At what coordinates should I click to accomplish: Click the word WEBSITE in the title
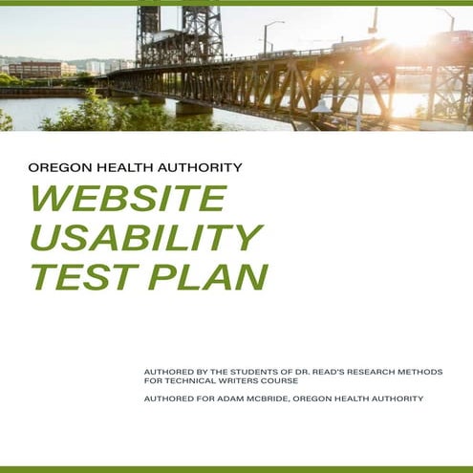tap(128, 198)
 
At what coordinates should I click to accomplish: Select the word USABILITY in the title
tap(145, 237)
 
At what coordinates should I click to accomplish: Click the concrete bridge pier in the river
tap(193, 107)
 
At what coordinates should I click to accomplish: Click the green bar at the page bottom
tap(236, 469)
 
